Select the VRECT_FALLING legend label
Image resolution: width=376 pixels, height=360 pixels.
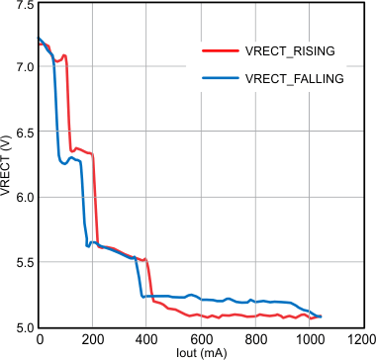click(296, 78)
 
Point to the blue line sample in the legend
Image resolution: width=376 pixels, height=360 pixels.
click(220, 78)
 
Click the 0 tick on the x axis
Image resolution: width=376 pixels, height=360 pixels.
click(39, 339)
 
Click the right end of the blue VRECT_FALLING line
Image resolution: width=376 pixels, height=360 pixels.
click(321, 316)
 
